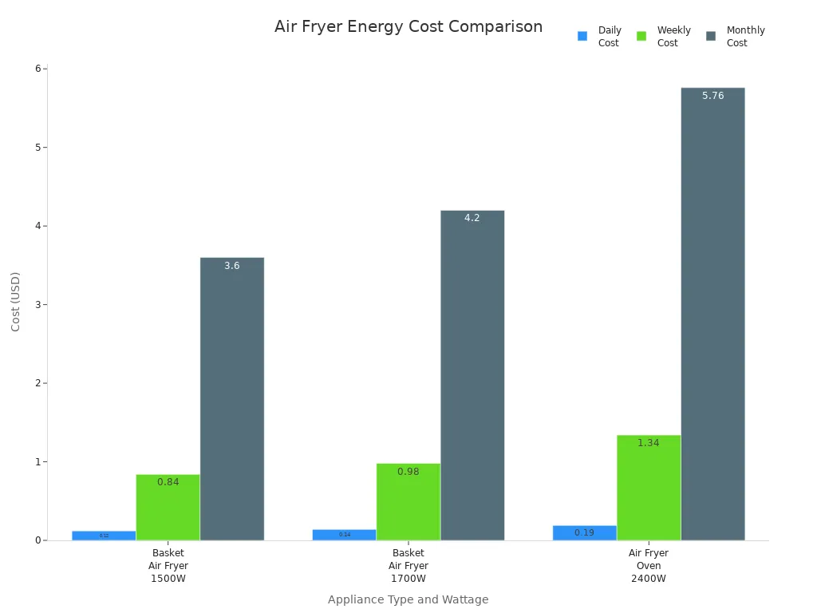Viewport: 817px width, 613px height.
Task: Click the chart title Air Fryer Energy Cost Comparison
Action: click(408, 27)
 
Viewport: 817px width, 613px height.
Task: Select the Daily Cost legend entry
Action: click(598, 37)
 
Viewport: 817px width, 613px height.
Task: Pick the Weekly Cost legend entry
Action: click(663, 37)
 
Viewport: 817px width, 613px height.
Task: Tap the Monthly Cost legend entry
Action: click(735, 37)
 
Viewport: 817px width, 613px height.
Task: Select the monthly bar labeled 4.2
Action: click(472, 375)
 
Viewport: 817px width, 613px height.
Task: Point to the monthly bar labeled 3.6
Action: click(231, 399)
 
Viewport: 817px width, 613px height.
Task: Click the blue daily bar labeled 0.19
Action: click(584, 533)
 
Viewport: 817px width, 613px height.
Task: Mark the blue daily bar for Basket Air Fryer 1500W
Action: click(104, 536)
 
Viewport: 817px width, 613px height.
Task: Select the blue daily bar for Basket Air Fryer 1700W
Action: click(344, 535)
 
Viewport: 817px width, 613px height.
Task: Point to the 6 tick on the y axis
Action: click(37, 69)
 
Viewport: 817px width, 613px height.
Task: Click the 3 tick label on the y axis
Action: click(37, 304)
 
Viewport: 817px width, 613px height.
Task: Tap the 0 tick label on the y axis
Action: click(37, 540)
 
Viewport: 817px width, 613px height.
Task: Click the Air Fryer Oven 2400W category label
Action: click(648, 565)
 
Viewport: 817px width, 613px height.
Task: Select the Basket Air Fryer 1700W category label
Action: click(408, 565)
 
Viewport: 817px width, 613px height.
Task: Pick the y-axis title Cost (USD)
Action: click(16, 301)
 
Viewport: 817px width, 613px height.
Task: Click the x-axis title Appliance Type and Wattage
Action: click(408, 599)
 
